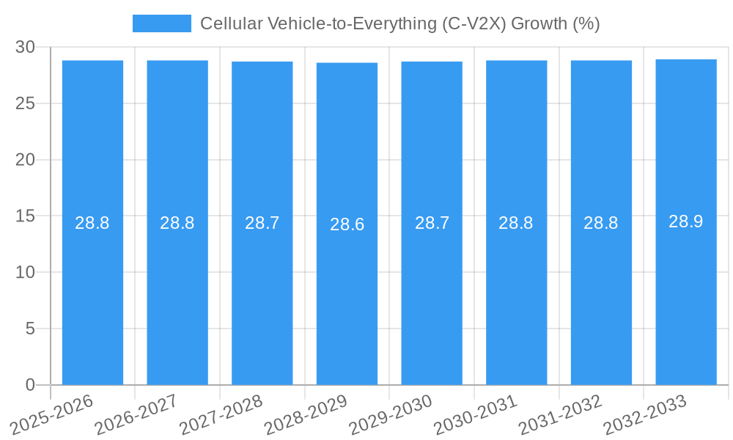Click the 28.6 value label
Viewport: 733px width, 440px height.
tap(347, 224)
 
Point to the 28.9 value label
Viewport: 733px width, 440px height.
tap(686, 221)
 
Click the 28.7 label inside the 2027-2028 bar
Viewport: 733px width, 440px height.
tap(262, 223)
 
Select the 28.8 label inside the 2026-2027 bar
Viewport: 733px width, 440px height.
tap(177, 223)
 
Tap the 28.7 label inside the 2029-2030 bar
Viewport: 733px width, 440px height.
tap(432, 223)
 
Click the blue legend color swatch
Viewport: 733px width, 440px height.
tap(161, 23)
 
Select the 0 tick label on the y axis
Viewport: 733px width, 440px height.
tap(30, 385)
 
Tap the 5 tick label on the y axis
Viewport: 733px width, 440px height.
tap(30, 329)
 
